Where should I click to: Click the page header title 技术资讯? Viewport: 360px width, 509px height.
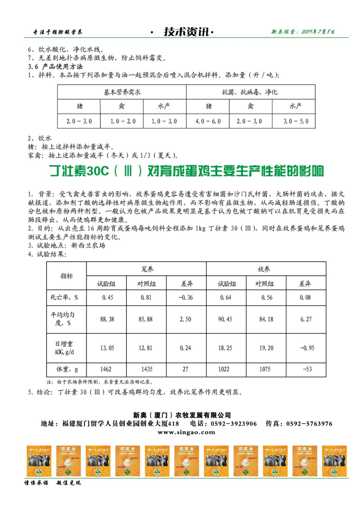[186, 31]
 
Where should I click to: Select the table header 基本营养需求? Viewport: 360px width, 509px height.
[122, 92]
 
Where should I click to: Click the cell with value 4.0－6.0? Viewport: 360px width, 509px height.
[208, 121]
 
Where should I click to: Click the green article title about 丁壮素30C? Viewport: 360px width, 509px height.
[186, 171]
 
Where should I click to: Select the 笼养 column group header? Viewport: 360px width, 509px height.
[147, 269]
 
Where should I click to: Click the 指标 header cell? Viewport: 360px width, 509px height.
[67, 276]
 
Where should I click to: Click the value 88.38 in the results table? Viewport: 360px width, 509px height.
[107, 319]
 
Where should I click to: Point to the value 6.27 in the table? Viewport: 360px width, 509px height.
[306, 319]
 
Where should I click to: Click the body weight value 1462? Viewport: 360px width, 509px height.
[106, 369]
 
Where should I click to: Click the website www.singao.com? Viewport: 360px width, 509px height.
[186, 432]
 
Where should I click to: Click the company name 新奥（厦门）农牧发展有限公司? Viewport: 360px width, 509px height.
[182, 415]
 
